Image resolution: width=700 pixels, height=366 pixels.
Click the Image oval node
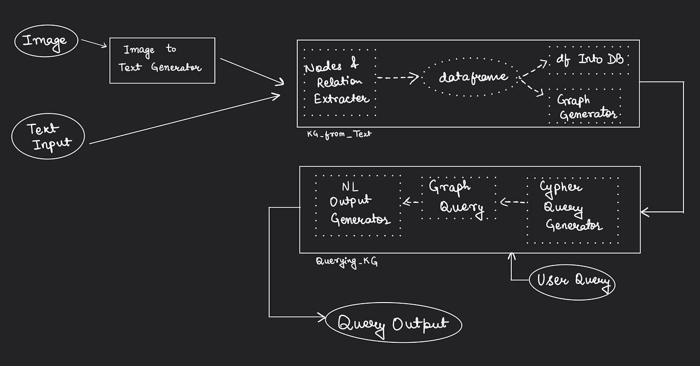pos(46,41)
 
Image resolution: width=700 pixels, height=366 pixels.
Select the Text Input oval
pos(48,136)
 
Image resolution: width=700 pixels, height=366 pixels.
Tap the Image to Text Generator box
pos(162,60)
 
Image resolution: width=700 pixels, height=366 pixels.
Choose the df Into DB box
pos(589,59)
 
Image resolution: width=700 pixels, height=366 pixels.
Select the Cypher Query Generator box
pos(572,210)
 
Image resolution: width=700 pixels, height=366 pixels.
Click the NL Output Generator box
pos(358,205)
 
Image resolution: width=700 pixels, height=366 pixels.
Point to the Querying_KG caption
pos(346,261)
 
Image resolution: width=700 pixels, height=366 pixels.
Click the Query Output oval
pos(393,323)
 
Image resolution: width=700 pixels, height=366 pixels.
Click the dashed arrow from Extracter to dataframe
pos(397,78)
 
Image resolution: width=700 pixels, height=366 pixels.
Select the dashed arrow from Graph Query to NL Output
pos(411,203)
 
